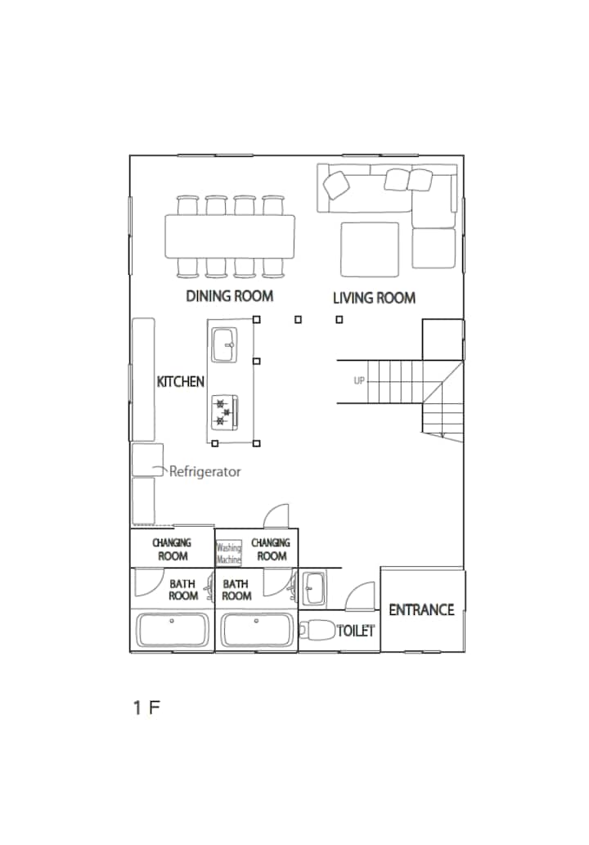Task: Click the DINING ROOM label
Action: click(x=230, y=296)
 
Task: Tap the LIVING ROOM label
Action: click(x=374, y=298)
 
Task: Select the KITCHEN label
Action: click(x=181, y=381)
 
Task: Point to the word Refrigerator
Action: click(x=205, y=471)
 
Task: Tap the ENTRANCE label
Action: click(x=421, y=610)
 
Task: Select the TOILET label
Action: click(x=356, y=631)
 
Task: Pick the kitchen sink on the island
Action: click(x=224, y=345)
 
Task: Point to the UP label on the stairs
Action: click(x=359, y=381)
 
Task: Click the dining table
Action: click(x=230, y=236)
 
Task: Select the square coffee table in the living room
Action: click(x=370, y=249)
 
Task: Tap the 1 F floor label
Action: click(x=146, y=708)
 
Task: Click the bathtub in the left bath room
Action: click(x=172, y=630)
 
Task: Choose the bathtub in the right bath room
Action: click(x=257, y=630)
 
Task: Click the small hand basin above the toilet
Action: click(x=313, y=588)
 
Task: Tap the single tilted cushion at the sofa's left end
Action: click(x=336, y=185)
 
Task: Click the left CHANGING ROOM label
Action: click(x=172, y=549)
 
